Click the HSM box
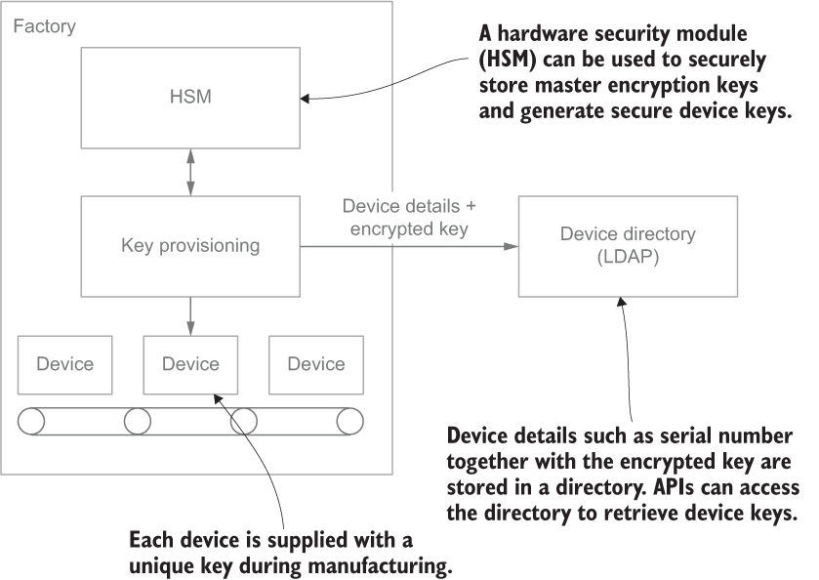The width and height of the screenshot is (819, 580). (189, 97)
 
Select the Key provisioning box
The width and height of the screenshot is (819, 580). (189, 246)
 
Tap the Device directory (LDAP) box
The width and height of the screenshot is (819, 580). (627, 246)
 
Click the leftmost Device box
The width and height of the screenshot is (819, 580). (64, 364)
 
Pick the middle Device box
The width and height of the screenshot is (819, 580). (190, 364)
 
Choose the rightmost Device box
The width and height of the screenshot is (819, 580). (315, 364)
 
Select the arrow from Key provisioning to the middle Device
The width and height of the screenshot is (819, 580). (189, 315)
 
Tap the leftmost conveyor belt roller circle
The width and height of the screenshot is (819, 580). (32, 421)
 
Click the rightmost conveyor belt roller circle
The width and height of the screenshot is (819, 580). (349, 421)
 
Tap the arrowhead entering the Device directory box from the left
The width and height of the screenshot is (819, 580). (511, 246)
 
